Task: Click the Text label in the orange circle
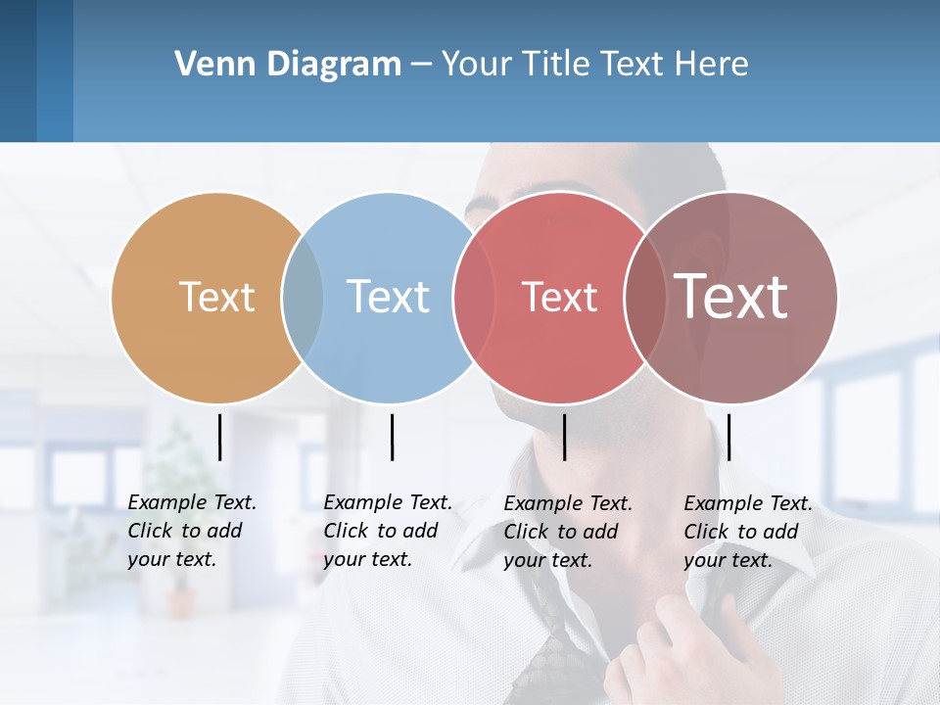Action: click(216, 297)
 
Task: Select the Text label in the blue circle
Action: click(388, 297)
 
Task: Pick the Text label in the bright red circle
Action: click(559, 298)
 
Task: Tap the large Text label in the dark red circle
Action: click(730, 297)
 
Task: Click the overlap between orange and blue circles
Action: click(303, 298)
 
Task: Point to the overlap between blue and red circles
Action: click(474, 298)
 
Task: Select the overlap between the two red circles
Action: click(642, 298)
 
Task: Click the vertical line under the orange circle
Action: click(219, 437)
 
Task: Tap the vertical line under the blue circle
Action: click(392, 437)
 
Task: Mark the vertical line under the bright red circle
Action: click(564, 437)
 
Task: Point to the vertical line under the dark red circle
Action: click(728, 437)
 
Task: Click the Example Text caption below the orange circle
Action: click(191, 531)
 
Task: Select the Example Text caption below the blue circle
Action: click(387, 531)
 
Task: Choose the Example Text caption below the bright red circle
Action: click(567, 532)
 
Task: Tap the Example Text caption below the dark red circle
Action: click(747, 532)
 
